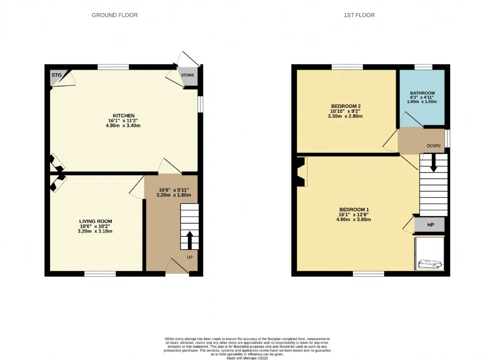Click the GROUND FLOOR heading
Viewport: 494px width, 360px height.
coord(115,15)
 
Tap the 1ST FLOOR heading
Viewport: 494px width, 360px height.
coord(359,15)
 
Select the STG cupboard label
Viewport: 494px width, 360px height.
coord(57,75)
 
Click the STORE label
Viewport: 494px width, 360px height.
coord(188,75)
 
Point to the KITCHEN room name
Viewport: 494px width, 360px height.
coord(124,115)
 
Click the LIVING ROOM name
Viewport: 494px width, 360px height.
coord(96,221)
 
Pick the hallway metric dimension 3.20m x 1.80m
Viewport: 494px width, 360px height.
coord(174,195)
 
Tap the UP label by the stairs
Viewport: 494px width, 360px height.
coord(190,257)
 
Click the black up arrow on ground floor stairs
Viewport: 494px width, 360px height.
coord(189,240)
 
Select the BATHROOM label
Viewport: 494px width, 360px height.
coord(422,93)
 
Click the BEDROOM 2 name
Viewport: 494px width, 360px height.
coord(346,106)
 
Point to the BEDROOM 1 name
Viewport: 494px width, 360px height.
coord(354,209)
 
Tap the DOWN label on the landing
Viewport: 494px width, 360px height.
coord(433,146)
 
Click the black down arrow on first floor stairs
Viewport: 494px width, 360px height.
coord(433,163)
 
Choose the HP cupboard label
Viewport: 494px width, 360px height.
coord(431,225)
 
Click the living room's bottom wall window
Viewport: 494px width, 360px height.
coord(100,274)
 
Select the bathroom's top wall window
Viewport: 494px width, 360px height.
coord(423,67)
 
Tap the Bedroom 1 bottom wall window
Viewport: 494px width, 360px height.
coord(369,274)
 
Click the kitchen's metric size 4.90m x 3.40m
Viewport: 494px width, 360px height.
coord(123,126)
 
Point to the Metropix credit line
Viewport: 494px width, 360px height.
coord(247,358)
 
